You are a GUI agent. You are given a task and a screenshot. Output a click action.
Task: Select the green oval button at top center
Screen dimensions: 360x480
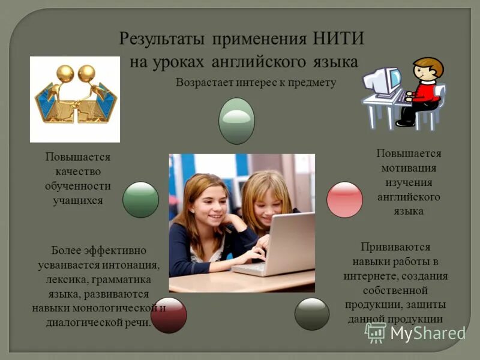(236, 121)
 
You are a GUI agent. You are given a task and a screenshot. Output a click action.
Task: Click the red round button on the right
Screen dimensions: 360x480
(344, 200)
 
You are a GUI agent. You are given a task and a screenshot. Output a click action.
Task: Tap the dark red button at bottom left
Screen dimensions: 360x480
(169, 315)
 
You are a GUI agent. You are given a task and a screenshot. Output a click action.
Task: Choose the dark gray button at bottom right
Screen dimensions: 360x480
(312, 314)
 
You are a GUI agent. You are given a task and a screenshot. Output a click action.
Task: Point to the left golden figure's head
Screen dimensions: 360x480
(64, 73)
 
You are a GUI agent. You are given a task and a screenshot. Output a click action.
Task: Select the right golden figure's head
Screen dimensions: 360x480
(87, 73)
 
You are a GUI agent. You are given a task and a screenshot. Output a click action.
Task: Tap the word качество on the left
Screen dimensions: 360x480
(78, 171)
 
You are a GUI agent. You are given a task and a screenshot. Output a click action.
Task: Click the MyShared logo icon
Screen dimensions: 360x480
(376, 332)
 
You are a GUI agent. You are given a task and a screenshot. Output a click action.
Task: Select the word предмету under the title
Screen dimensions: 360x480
(311, 82)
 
